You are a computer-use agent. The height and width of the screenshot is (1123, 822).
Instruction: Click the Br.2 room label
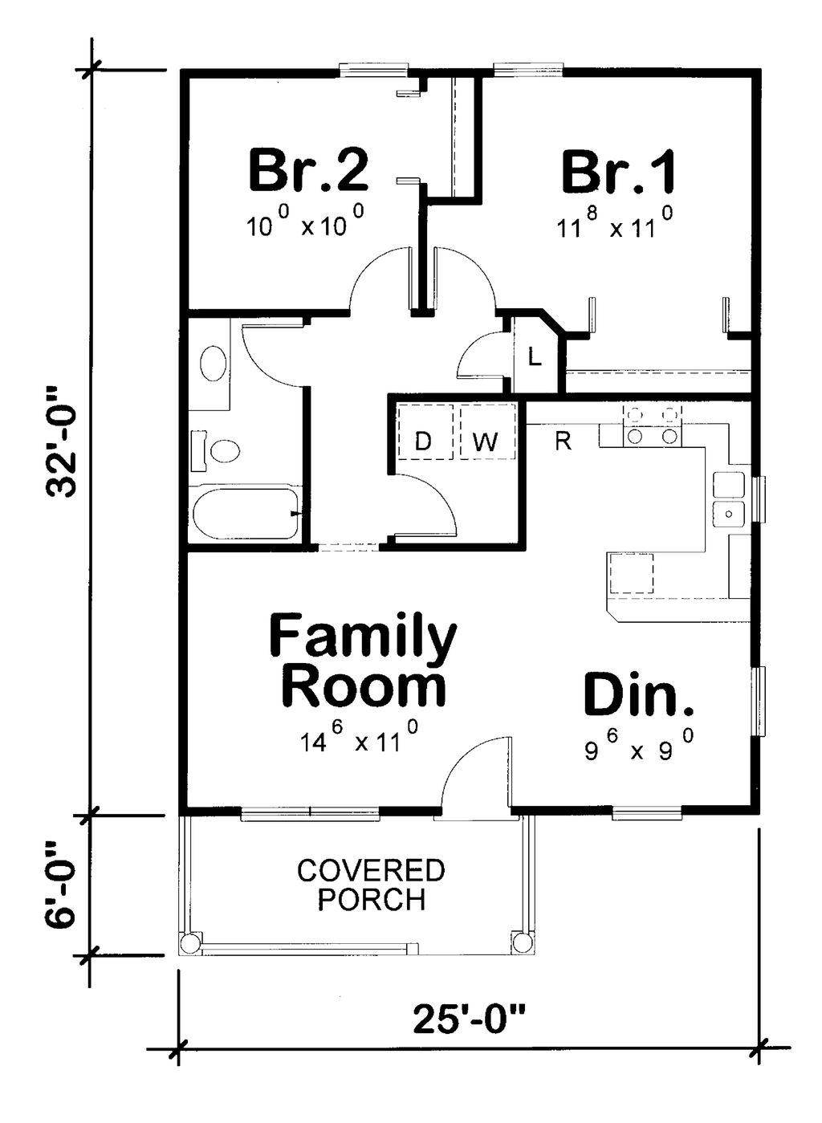[x=308, y=170]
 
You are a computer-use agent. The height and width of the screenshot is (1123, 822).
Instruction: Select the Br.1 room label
[x=618, y=172]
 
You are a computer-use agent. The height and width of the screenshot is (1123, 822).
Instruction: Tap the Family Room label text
[x=363, y=661]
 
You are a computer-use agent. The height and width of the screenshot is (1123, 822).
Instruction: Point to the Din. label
[x=638, y=695]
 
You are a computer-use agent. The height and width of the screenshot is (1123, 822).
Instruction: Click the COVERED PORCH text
[x=371, y=885]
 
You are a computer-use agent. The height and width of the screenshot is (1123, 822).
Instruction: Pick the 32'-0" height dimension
[x=63, y=442]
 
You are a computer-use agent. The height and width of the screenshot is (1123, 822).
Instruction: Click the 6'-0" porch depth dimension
[x=63, y=884]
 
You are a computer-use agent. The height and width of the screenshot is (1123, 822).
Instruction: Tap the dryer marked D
[x=424, y=440]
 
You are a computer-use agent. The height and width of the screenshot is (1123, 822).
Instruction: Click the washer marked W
[x=486, y=440]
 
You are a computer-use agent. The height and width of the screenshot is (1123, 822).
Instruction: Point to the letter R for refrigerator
[x=564, y=440]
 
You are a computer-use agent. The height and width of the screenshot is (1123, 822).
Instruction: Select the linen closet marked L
[x=535, y=356]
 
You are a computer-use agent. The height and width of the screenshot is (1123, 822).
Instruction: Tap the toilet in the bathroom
[x=218, y=450]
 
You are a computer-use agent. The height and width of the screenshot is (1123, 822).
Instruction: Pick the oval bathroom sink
[x=213, y=364]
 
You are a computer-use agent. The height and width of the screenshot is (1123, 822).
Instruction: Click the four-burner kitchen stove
[x=651, y=425]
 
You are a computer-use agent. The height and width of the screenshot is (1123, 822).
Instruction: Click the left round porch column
[x=190, y=943]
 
